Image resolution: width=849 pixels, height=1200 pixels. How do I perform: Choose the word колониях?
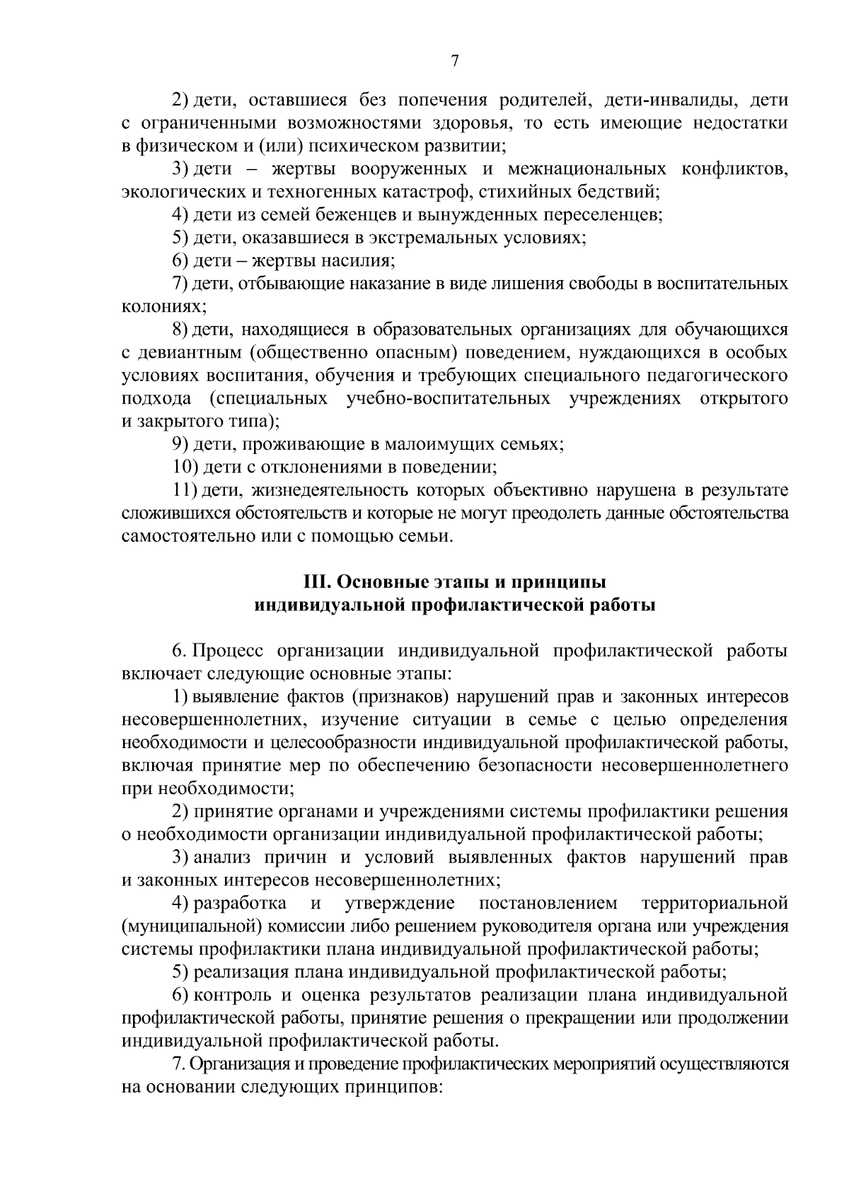(x=162, y=307)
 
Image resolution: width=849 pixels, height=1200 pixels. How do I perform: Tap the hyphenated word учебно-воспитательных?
(x=449, y=398)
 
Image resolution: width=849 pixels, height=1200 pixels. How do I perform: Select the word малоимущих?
(x=426, y=444)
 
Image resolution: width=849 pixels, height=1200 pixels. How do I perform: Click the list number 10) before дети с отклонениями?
(x=186, y=467)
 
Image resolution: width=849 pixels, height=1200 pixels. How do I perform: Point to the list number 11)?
(x=186, y=490)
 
